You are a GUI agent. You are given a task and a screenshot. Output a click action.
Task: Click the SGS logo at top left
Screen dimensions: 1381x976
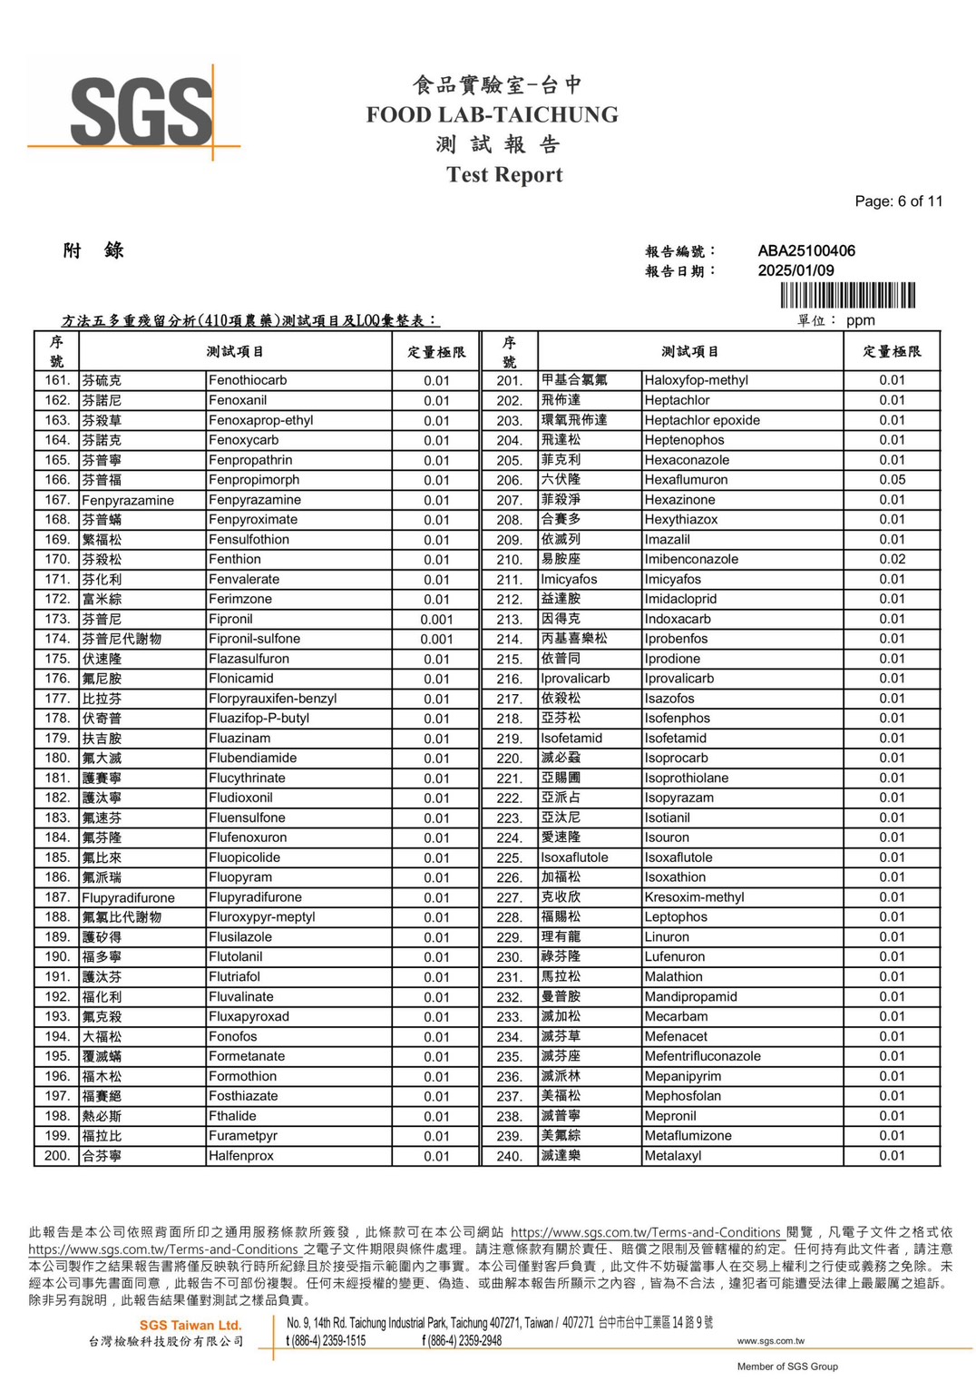pyautogui.click(x=141, y=112)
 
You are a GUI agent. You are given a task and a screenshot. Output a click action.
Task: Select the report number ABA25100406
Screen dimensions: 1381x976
pyautogui.click(x=806, y=250)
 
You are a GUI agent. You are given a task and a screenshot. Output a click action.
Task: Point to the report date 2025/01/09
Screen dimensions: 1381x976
pyautogui.click(x=795, y=270)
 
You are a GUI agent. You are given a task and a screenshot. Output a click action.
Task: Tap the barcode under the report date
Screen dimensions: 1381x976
pyautogui.click(x=847, y=296)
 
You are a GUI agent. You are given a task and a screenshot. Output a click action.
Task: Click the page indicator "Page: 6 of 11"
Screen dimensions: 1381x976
pyautogui.click(x=898, y=201)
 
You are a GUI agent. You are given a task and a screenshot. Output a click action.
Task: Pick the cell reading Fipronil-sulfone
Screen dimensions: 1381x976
pyautogui.click(x=254, y=639)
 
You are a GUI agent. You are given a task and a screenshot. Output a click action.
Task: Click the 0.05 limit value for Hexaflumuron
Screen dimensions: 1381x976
pyautogui.click(x=892, y=479)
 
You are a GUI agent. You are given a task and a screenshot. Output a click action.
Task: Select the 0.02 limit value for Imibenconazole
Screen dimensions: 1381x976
pyautogui.click(x=892, y=559)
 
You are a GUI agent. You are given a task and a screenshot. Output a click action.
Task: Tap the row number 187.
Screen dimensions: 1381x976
pyautogui.click(x=57, y=897)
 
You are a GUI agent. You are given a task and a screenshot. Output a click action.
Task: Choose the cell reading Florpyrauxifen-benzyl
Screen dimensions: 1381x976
pyautogui.click(x=272, y=699)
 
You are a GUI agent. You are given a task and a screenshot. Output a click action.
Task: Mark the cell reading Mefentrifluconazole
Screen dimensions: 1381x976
pyautogui.click(x=702, y=1056)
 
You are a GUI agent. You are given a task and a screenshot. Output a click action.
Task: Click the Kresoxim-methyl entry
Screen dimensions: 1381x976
pyautogui.click(x=694, y=897)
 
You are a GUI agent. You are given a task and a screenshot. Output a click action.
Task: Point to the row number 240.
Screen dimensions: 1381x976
pyautogui.click(x=509, y=1156)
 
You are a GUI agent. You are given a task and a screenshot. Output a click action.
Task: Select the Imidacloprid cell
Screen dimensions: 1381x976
pyautogui.click(x=680, y=599)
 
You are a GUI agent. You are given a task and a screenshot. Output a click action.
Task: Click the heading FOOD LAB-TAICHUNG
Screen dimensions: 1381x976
pyautogui.click(x=492, y=115)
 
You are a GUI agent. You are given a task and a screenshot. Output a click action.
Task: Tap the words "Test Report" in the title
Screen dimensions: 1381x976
pyautogui.click(x=504, y=175)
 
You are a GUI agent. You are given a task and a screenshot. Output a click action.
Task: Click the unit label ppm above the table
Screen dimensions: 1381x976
pyautogui.click(x=860, y=320)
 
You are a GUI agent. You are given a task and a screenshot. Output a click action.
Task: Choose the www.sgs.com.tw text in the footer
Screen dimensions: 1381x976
pyautogui.click(x=770, y=1341)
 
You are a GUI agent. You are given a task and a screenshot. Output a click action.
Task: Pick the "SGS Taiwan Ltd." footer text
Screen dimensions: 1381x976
pyautogui.click(x=190, y=1326)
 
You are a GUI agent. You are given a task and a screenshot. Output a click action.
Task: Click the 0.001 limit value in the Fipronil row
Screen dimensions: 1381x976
pyautogui.click(x=436, y=620)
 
